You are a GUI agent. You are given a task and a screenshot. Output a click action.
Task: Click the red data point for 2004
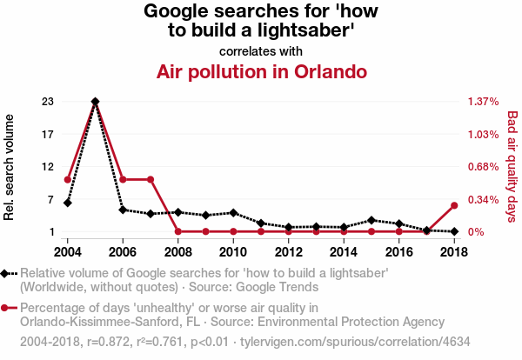(x=68, y=179)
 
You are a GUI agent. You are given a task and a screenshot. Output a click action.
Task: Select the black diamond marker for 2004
(x=68, y=203)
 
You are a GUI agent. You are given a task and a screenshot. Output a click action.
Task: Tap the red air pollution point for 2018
(x=454, y=205)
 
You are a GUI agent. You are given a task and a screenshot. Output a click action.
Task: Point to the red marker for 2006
(x=123, y=179)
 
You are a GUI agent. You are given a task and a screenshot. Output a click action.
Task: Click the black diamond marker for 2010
(x=233, y=212)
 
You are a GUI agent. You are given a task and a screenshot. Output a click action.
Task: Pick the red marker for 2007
(x=151, y=179)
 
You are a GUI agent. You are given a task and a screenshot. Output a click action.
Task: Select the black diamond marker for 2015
(x=371, y=220)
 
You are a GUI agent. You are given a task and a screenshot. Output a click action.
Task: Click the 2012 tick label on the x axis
(x=288, y=252)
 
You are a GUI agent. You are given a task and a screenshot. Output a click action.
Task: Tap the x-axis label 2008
(x=177, y=252)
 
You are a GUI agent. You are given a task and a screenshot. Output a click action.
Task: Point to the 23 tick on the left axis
(x=47, y=102)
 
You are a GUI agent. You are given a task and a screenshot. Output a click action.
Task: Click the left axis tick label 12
(x=47, y=167)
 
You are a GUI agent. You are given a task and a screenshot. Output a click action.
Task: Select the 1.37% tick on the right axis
(x=482, y=102)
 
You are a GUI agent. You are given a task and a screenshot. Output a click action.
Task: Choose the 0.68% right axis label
(x=482, y=167)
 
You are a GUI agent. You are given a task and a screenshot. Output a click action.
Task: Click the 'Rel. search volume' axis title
(x=10, y=166)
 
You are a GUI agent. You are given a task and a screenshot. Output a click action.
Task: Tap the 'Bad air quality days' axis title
(x=512, y=166)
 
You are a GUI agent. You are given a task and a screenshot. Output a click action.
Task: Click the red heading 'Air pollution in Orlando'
(x=261, y=71)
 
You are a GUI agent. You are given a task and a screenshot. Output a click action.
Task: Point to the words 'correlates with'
(x=261, y=51)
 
